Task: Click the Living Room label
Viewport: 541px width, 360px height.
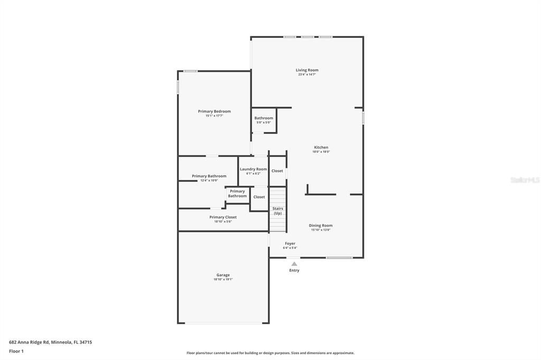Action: click(x=307, y=70)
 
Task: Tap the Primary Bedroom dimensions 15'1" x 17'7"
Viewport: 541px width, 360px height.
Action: click(x=214, y=116)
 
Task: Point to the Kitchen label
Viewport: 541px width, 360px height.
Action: click(x=321, y=147)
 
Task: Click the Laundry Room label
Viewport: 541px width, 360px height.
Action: click(x=254, y=169)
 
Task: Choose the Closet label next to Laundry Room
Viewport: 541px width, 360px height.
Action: click(x=277, y=171)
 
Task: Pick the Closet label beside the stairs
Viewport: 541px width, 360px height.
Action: click(x=259, y=197)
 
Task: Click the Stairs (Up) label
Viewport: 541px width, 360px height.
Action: click(x=278, y=211)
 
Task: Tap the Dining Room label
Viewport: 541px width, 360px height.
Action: click(x=321, y=225)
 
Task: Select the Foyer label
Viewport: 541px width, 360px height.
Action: click(x=290, y=243)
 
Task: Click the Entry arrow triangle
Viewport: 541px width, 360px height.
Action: click(x=294, y=264)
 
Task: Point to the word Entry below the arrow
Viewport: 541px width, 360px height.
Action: click(x=294, y=270)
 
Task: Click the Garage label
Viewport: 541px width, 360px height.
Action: click(x=223, y=275)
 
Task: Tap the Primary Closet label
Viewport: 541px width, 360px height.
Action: click(x=223, y=217)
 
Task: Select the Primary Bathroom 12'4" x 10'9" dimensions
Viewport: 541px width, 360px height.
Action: click(x=209, y=181)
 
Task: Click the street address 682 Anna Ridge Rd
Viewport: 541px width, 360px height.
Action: click(x=50, y=342)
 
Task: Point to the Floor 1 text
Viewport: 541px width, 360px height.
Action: click(x=16, y=351)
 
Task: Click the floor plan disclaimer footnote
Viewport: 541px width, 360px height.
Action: click(x=270, y=353)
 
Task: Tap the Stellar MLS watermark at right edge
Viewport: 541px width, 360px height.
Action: click(x=525, y=180)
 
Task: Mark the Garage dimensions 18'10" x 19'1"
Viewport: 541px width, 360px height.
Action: click(x=223, y=279)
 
